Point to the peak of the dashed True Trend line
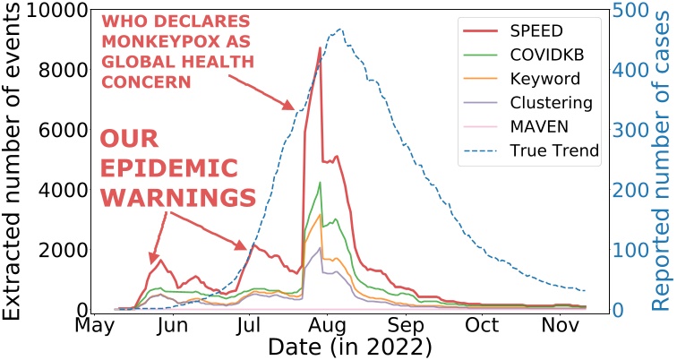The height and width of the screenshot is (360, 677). pos(340,30)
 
